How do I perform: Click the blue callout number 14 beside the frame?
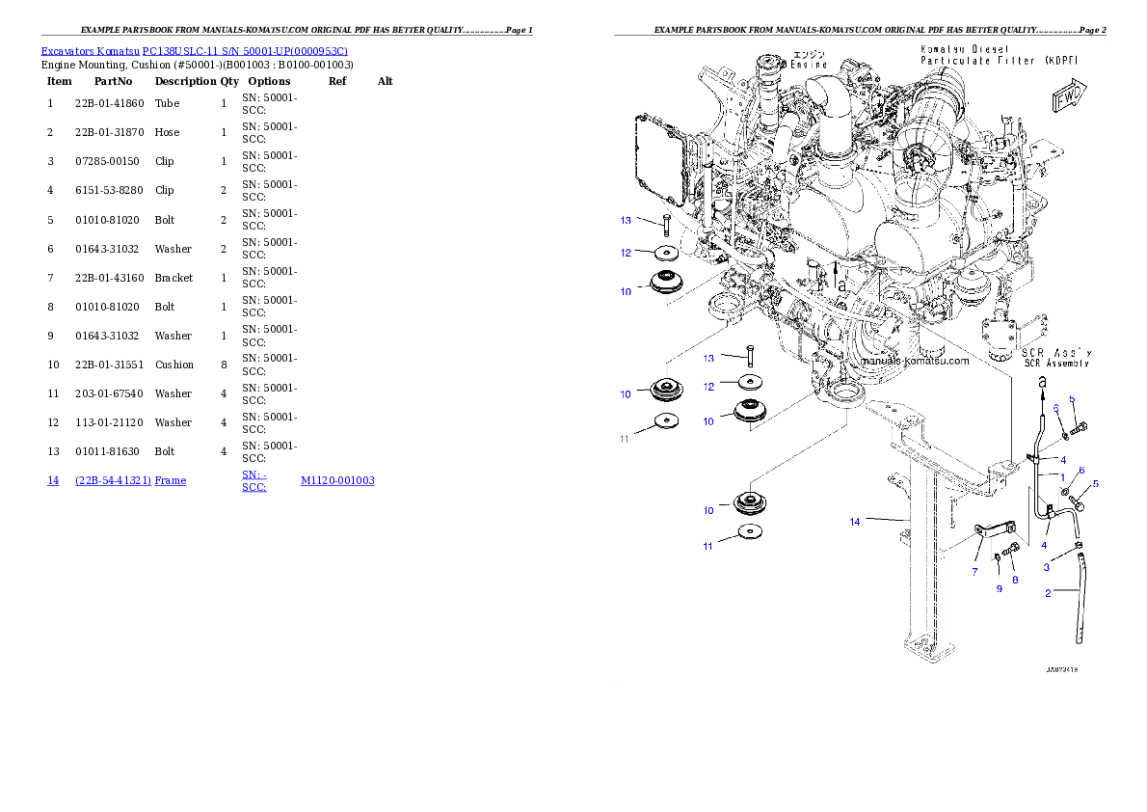pos(854,522)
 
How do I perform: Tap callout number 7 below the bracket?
pos(974,572)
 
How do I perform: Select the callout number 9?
pos(1000,588)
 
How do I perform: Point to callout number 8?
pos(1013,580)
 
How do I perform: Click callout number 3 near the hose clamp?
pos(1046,568)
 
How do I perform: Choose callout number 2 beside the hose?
pos(1048,593)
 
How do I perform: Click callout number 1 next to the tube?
pos(1062,476)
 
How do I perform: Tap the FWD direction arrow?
pos(1069,98)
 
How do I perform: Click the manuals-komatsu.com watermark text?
pos(914,361)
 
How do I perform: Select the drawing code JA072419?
pos(1062,667)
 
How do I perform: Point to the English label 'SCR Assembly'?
pos(1056,364)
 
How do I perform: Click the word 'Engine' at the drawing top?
pos(810,65)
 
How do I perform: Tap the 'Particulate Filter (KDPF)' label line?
pos(998,60)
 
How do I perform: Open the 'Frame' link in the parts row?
pos(171,479)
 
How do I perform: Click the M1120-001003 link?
pos(337,479)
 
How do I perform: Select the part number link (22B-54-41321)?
pos(113,479)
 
